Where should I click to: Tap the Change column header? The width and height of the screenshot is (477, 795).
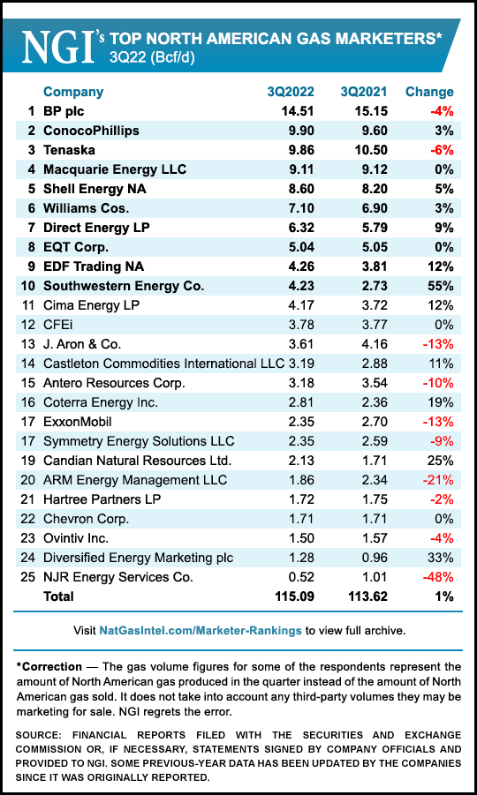point(429,92)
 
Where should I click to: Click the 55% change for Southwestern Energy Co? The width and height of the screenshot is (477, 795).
point(438,286)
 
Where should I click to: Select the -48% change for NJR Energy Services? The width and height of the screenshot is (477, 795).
point(436,577)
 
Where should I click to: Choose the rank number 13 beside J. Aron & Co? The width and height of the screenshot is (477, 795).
point(28,344)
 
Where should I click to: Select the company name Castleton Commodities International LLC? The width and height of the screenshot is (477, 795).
point(163,364)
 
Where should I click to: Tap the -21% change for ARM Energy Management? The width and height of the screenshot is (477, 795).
point(437,480)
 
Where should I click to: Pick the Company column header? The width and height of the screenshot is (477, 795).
point(73,92)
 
